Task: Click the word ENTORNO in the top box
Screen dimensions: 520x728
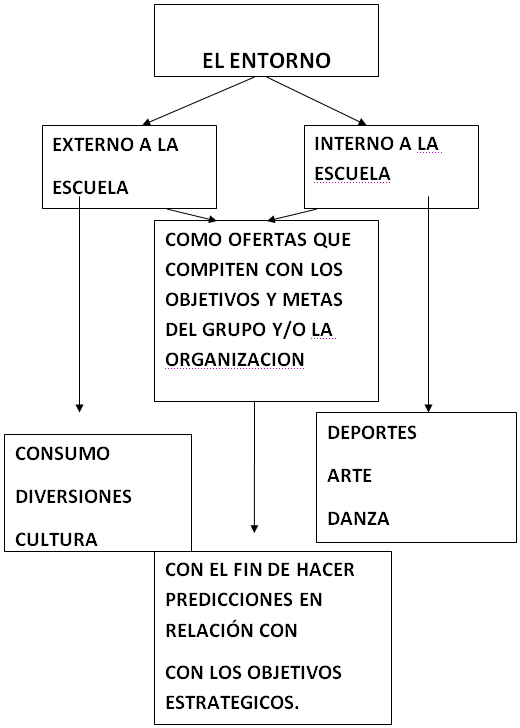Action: pyautogui.click(x=280, y=60)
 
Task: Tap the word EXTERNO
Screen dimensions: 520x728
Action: pyautogui.click(x=92, y=145)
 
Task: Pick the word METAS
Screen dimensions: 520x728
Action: pyautogui.click(x=312, y=299)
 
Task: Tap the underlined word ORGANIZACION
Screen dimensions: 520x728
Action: pyautogui.click(x=235, y=360)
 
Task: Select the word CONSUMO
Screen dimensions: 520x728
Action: pyautogui.click(x=62, y=454)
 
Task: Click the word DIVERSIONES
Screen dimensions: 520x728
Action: pyautogui.click(x=73, y=496)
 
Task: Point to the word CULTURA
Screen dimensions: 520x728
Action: pyautogui.click(x=56, y=540)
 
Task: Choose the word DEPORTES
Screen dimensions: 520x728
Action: pyautogui.click(x=372, y=433)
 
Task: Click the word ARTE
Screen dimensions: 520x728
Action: pyautogui.click(x=350, y=475)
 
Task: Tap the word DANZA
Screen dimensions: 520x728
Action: pyautogui.click(x=358, y=519)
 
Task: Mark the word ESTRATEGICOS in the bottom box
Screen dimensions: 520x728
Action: pyautogui.click(x=232, y=702)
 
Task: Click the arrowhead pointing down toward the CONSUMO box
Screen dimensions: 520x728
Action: pyautogui.click(x=79, y=408)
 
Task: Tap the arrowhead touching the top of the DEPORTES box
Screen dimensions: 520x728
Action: pyautogui.click(x=429, y=408)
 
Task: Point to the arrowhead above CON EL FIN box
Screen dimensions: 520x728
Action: pyautogui.click(x=254, y=528)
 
